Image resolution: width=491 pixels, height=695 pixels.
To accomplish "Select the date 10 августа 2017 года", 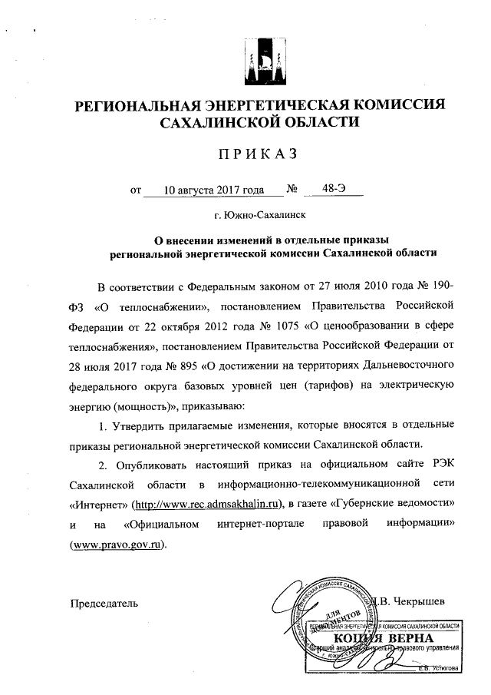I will [205, 188].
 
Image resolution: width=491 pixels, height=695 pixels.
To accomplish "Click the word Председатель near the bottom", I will [104, 603].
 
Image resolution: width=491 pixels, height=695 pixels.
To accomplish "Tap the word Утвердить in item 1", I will [145, 424].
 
